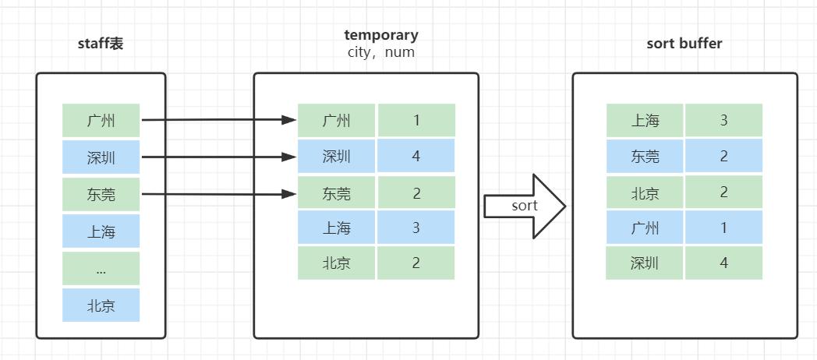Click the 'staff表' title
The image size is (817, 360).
(101, 44)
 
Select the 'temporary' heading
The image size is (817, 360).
(381, 35)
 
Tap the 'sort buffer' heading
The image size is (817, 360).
(684, 44)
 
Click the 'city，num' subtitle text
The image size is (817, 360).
(381, 52)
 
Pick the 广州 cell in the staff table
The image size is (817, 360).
(101, 121)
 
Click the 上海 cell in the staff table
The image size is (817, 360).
(101, 231)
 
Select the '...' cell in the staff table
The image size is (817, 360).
(101, 269)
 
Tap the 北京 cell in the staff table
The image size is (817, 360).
(101, 305)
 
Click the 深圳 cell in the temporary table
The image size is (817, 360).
(337, 157)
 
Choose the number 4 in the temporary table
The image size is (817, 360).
(416, 157)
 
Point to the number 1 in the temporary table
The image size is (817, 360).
(416, 121)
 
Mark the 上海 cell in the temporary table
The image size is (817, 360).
(337, 228)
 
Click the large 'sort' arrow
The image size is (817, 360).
(525, 206)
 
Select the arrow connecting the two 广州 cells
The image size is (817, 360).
(218, 120)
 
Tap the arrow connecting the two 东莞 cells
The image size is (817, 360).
(218, 193)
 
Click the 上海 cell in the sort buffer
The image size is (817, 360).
(645, 121)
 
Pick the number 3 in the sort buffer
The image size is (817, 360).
(723, 121)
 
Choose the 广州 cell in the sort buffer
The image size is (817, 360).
(645, 228)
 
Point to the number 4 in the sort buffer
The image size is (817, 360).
(723, 263)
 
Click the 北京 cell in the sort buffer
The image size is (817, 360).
(645, 192)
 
